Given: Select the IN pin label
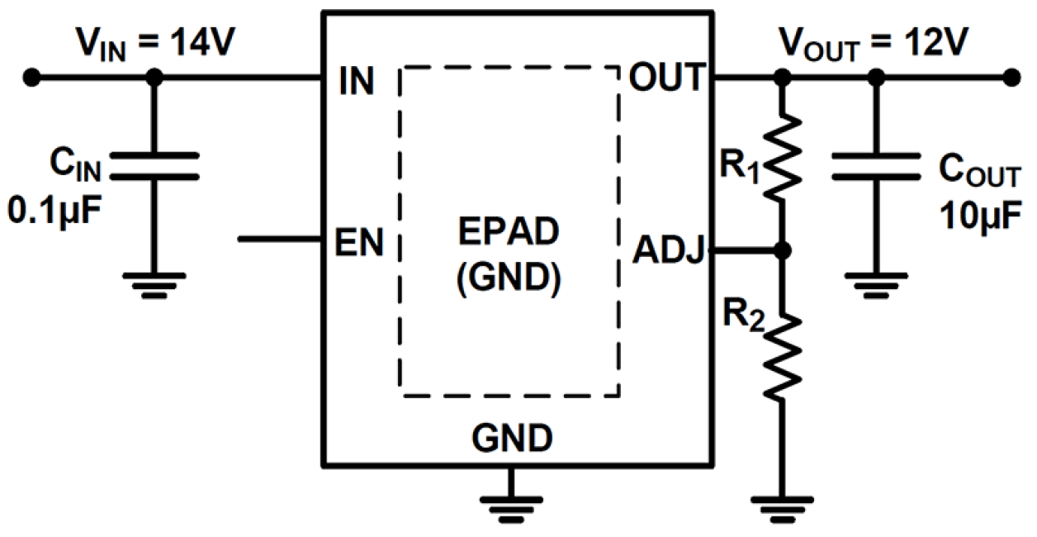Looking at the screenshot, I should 356,80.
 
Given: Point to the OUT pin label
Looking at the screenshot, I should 666,79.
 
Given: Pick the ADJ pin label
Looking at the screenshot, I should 667,250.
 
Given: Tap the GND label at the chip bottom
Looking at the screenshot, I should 512,438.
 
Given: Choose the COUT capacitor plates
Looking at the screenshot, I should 877,165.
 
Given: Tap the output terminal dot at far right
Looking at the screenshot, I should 1011,78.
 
